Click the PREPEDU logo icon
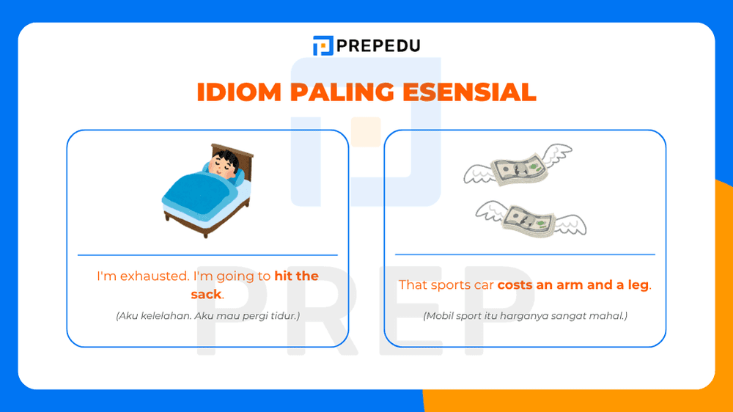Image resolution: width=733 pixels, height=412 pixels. click(x=323, y=45)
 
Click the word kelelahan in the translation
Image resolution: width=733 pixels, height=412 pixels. click(x=160, y=316)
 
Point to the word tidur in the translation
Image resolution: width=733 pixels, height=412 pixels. click(x=283, y=316)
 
